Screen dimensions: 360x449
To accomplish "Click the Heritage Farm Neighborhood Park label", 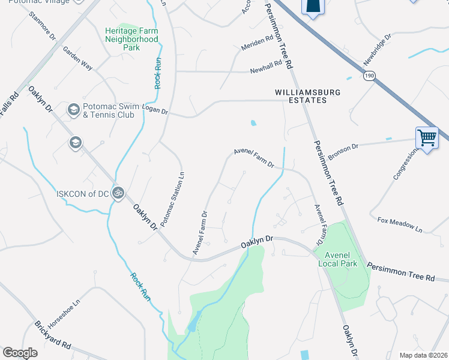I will click(x=131, y=39).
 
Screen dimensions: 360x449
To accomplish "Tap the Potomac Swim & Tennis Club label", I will click(x=109, y=111).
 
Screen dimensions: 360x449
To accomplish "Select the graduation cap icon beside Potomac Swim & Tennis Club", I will click(x=74, y=110).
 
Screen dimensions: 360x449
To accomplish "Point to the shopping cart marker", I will click(x=427, y=138).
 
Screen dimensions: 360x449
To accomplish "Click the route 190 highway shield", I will click(x=369, y=74).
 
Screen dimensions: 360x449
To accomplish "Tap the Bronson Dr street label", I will click(x=343, y=147).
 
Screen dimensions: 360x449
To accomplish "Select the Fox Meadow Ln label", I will click(x=400, y=225).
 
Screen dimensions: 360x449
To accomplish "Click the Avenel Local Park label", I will click(x=337, y=259).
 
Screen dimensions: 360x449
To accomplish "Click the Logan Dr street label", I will click(x=155, y=110).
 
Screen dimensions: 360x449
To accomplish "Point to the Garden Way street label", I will click(x=78, y=59).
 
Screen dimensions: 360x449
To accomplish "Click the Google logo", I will click(x=20, y=353).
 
